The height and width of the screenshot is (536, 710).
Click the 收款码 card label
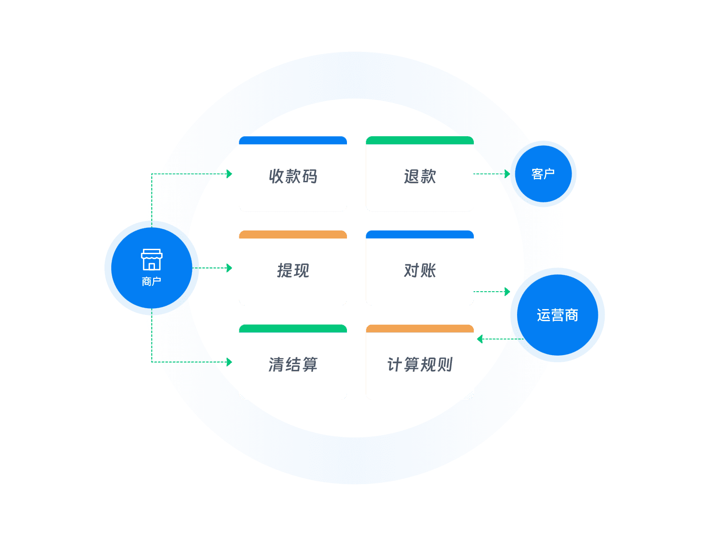click(293, 176)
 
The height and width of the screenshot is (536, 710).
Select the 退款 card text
click(420, 176)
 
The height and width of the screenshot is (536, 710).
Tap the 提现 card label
click(293, 271)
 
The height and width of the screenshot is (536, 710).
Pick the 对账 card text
click(420, 271)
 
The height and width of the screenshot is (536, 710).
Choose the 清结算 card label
click(293, 365)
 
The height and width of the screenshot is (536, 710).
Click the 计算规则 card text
click(420, 365)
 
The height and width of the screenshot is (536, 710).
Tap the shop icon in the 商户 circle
click(152, 260)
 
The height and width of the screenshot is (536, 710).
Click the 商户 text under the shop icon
click(151, 281)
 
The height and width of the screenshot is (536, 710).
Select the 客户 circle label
click(543, 174)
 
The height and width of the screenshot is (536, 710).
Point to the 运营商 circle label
click(557, 315)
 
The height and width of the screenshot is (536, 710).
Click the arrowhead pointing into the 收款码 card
click(230, 174)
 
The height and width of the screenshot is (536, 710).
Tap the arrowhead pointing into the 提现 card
click(230, 268)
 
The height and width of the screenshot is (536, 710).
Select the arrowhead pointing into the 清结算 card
click(230, 362)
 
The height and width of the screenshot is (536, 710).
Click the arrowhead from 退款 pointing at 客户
click(507, 174)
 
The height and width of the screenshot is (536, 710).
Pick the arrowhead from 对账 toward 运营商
click(507, 292)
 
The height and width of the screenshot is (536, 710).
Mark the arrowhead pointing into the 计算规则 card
click(480, 339)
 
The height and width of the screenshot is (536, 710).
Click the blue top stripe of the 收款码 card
click(293, 141)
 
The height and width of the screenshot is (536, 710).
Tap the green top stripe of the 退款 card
click(420, 141)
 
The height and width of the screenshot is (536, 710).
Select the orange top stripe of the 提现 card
click(293, 234)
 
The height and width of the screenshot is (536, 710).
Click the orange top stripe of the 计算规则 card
click(420, 329)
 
